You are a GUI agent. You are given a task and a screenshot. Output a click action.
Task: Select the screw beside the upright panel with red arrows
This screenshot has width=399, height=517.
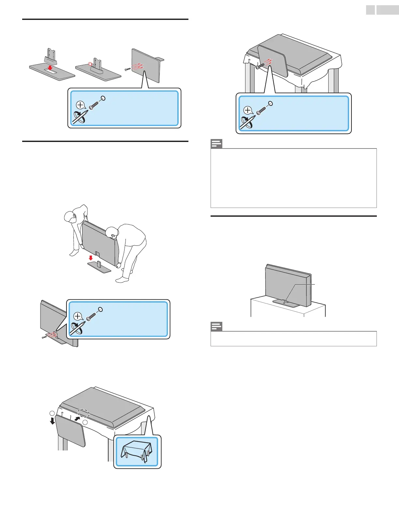(x=128, y=69)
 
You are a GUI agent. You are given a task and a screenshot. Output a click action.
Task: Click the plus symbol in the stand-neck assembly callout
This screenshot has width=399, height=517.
(x=80, y=105)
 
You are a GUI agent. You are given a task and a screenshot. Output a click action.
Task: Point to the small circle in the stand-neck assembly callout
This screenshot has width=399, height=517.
(x=103, y=98)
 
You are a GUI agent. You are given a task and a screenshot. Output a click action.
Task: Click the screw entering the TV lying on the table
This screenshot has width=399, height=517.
(x=260, y=66)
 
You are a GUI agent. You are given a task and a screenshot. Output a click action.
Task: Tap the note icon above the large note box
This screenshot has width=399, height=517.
(x=216, y=144)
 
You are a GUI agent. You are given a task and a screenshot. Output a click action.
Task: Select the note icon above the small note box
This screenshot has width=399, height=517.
(x=216, y=326)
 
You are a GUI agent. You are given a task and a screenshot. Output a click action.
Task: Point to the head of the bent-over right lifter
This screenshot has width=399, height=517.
(x=111, y=232)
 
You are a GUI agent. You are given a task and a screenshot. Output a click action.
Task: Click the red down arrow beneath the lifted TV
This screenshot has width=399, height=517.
(x=91, y=258)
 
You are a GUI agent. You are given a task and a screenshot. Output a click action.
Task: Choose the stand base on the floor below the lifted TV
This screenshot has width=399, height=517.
(x=99, y=267)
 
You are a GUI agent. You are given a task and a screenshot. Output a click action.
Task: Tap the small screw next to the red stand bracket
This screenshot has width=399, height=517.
(x=45, y=337)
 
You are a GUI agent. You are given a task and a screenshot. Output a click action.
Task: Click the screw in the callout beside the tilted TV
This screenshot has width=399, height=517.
(x=90, y=316)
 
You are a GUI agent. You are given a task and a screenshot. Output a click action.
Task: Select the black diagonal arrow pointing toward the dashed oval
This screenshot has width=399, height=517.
(x=77, y=418)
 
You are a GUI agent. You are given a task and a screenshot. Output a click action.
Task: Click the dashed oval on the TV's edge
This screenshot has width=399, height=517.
(x=84, y=413)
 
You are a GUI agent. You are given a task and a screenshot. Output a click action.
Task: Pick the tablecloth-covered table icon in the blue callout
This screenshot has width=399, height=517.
(x=137, y=451)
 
